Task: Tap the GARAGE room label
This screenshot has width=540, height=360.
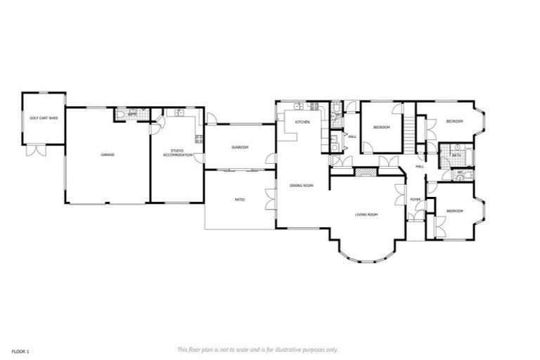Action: coord(108,155)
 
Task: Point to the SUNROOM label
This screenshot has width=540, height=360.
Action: coord(239,147)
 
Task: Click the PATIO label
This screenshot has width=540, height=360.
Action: coord(239,200)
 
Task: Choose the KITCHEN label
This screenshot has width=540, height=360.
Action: coord(302,122)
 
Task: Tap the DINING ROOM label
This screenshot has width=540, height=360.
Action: coord(301,186)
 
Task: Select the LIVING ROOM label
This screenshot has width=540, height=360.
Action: coord(366,214)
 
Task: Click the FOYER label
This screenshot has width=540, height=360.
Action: coord(416,200)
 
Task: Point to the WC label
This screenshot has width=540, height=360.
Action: coord(461,172)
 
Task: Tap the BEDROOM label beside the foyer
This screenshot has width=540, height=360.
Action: coord(455,211)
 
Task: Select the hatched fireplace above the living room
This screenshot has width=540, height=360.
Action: coord(364,172)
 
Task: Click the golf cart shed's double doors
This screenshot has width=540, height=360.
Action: coord(34,150)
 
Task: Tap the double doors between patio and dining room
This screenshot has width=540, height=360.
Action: coord(270,200)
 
